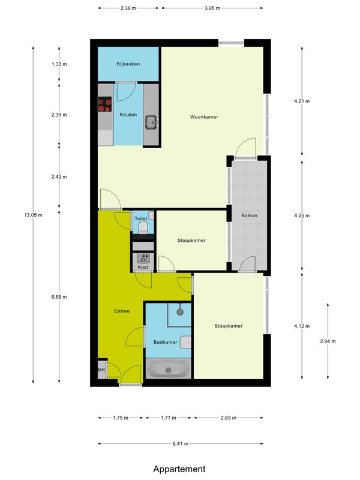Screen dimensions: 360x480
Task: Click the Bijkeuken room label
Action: [x=128, y=64]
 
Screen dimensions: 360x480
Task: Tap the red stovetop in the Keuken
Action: [x=104, y=104]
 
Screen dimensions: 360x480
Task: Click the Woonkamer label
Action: [x=204, y=117]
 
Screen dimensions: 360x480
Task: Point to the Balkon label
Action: [x=249, y=215]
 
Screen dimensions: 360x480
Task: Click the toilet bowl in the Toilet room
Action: [x=143, y=228]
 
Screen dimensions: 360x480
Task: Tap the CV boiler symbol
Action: [x=143, y=258]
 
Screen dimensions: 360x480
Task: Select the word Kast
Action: [x=143, y=267]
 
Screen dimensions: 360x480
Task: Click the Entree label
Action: [x=122, y=311]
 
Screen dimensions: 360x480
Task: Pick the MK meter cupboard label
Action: [x=101, y=370]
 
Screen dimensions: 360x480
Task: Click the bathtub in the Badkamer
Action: [x=168, y=368]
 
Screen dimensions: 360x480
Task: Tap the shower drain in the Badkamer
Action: [x=180, y=312]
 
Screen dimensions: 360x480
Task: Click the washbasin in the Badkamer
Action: [x=185, y=342]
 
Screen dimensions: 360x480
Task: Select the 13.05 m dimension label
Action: [x=34, y=215]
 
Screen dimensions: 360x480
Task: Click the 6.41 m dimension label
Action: [x=181, y=443]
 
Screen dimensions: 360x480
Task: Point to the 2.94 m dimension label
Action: [x=328, y=341]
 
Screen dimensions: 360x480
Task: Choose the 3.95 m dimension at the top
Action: [x=212, y=8]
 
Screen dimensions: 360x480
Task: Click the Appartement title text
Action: [x=179, y=469]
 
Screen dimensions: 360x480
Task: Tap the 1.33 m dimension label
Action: [x=59, y=64]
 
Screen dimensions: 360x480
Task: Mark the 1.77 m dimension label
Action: [x=169, y=418]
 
